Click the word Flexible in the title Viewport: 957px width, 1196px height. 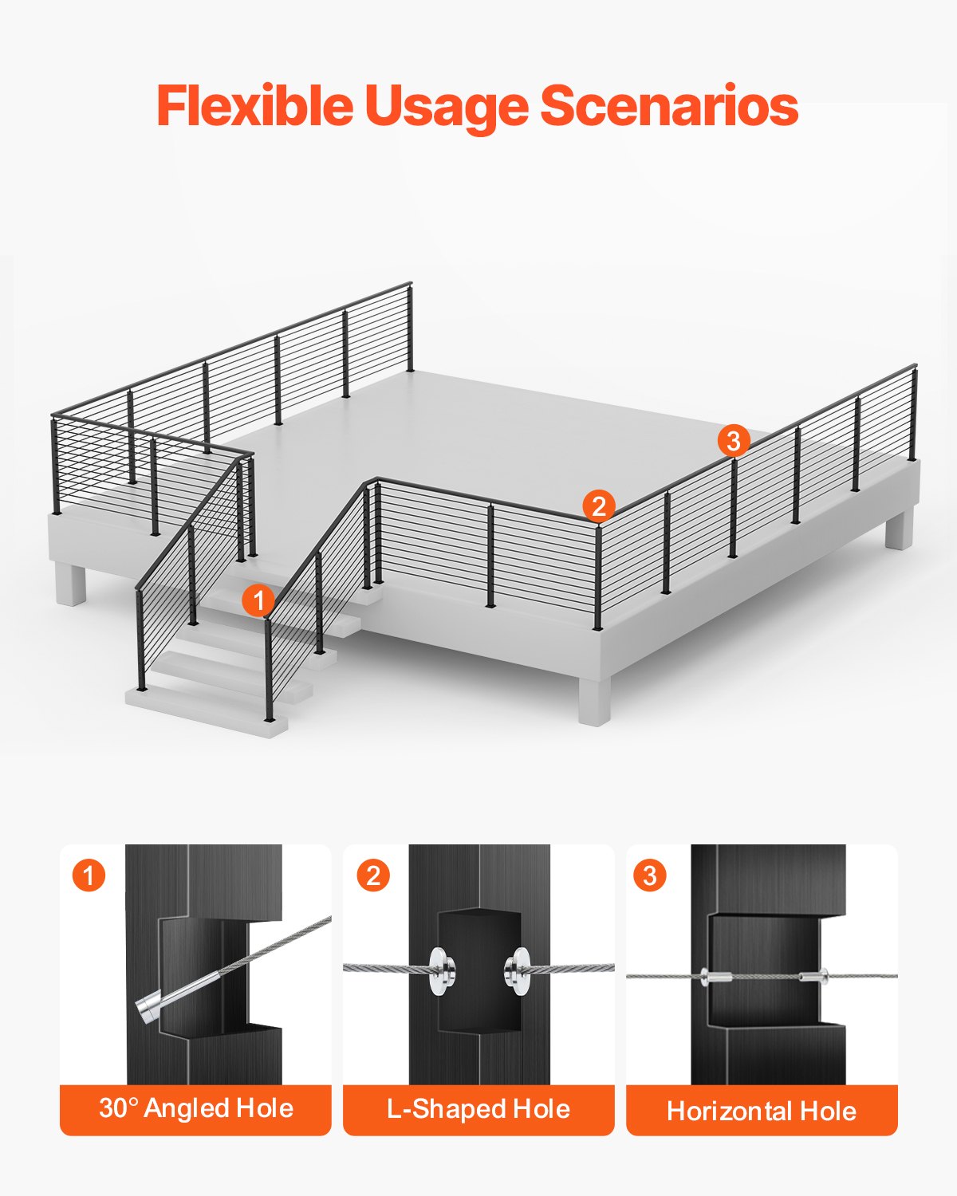(x=254, y=105)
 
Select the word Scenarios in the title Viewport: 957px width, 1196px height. (x=669, y=106)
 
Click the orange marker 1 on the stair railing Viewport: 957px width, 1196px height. (x=258, y=600)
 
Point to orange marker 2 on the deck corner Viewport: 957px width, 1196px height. (x=599, y=506)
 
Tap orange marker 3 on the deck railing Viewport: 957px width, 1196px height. (x=734, y=441)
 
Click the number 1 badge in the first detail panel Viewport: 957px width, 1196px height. (x=89, y=875)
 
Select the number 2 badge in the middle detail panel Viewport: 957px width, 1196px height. (x=372, y=875)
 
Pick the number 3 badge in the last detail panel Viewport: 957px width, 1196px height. (x=649, y=875)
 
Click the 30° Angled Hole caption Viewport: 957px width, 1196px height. (x=195, y=1108)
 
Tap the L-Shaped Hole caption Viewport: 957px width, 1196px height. (x=478, y=1109)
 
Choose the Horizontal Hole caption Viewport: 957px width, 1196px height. (x=762, y=1111)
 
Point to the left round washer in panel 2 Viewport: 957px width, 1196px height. (x=439, y=970)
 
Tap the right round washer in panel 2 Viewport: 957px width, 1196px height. (x=518, y=970)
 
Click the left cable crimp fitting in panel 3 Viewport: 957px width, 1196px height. (x=715, y=976)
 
